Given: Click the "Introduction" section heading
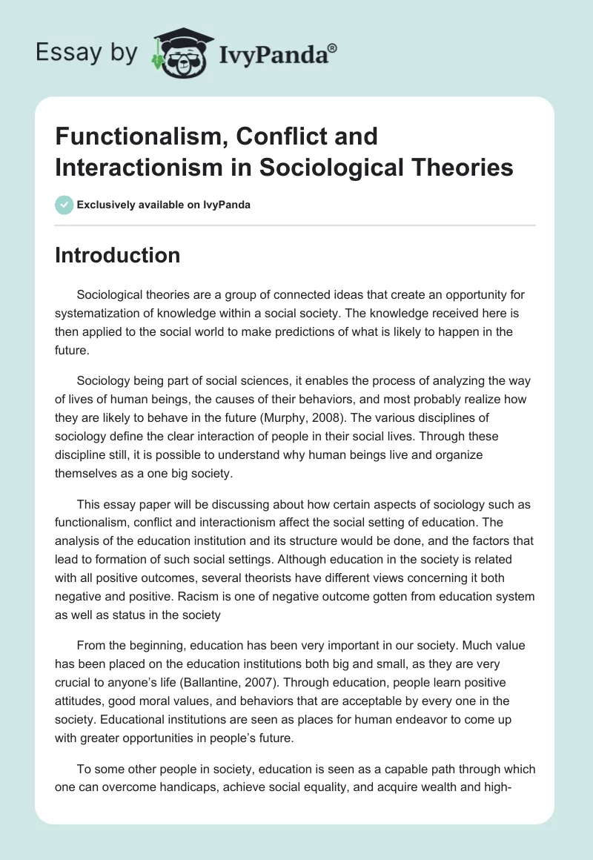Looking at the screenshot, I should [117, 255].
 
